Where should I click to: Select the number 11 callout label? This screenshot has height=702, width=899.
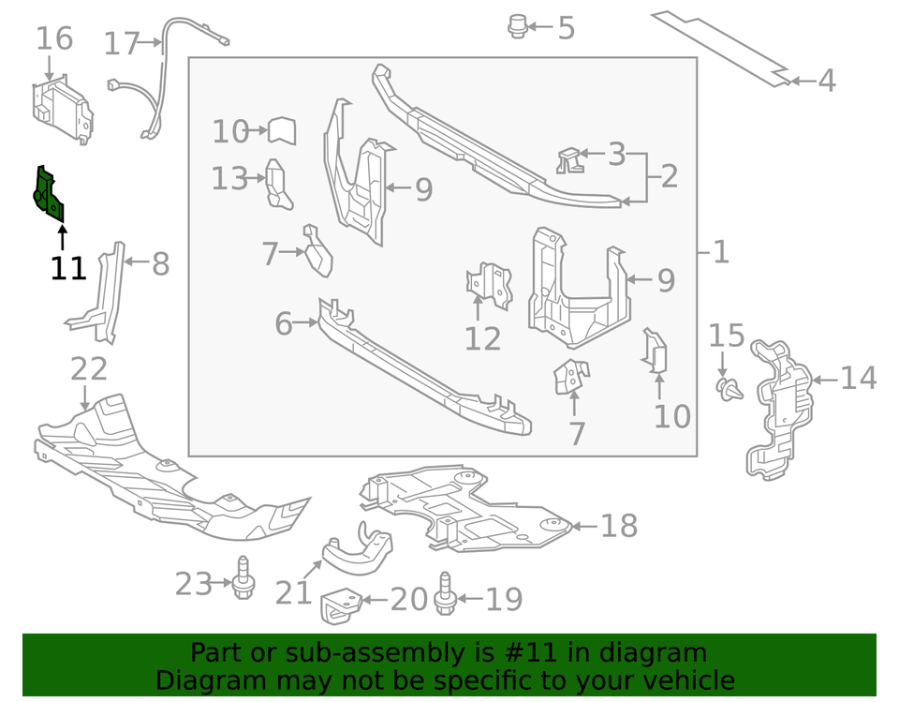point(68,269)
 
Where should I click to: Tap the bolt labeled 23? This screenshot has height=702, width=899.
point(244,581)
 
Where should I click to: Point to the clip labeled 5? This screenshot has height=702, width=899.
point(516,26)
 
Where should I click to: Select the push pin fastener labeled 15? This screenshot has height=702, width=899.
point(729,388)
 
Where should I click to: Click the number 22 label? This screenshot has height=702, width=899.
point(89,369)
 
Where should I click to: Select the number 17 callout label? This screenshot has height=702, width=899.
point(122,44)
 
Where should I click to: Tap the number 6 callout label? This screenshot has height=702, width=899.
point(284,324)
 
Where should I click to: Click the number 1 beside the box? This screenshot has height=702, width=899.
point(720,251)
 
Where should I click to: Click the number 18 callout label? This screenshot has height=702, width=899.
point(618,526)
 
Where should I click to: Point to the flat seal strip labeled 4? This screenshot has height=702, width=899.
point(721,47)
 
